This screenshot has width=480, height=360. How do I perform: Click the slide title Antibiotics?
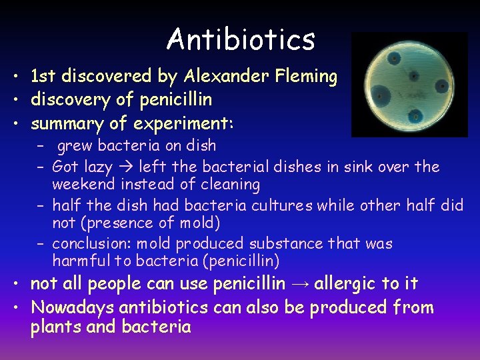click(x=241, y=39)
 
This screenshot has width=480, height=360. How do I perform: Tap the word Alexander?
click(x=224, y=77)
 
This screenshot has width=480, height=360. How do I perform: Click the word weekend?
click(x=82, y=184)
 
